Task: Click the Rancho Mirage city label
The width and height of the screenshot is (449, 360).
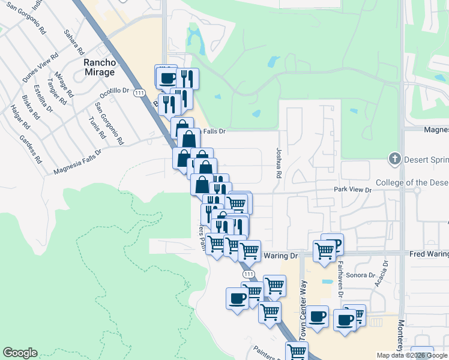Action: [99, 67]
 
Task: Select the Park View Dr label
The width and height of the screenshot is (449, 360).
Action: [354, 190]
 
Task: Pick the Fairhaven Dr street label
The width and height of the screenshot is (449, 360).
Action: [339, 281]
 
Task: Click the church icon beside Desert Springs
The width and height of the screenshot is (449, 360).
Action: [394, 160]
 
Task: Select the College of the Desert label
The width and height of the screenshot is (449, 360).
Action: [412, 182]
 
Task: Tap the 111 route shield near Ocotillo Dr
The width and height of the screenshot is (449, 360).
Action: [140, 93]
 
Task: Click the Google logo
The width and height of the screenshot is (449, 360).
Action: [20, 353]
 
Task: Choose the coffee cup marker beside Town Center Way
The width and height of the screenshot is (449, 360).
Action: [318, 316]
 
